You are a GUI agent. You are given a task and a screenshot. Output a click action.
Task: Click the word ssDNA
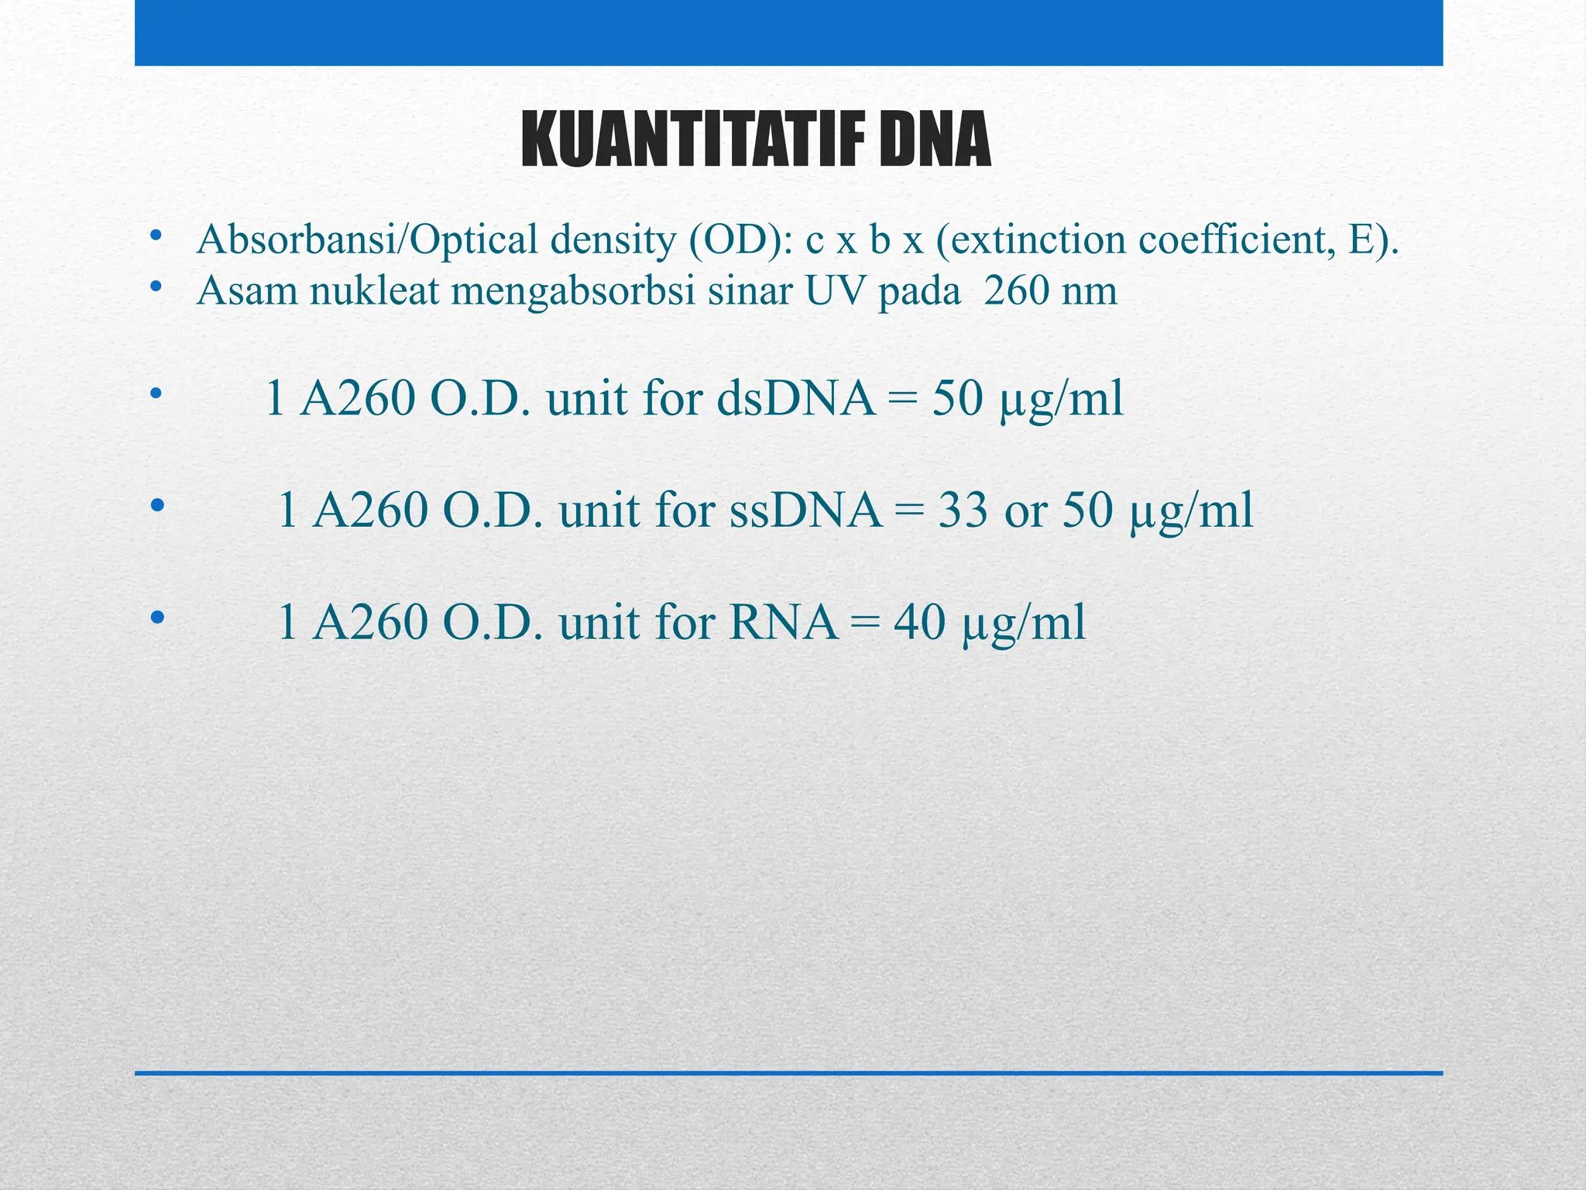806,511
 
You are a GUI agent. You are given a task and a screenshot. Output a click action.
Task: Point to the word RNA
784,622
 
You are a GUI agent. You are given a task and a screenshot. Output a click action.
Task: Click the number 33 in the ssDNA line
963,511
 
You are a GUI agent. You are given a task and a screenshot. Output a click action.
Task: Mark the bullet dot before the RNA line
158,617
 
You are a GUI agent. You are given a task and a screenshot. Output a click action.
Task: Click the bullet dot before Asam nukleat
156,287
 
